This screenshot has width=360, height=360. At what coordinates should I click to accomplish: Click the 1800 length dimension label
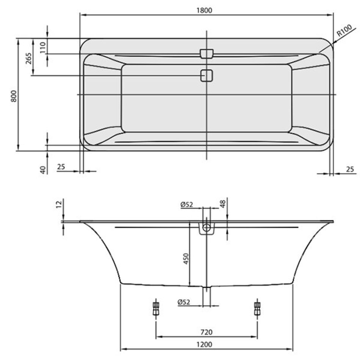204,10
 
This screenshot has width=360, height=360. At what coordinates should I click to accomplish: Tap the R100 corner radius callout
344,30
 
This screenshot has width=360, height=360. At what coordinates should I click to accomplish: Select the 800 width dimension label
14,96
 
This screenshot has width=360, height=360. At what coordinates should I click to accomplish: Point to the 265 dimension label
28,58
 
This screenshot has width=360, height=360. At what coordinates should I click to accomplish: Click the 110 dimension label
43,47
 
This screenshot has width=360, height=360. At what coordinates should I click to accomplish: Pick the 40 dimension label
43,170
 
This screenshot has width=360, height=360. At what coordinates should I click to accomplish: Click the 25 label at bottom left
61,167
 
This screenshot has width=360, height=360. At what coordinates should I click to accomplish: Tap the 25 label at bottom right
350,169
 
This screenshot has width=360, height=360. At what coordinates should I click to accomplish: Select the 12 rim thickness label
59,203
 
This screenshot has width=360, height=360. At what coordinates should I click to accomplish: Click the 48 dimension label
223,204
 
